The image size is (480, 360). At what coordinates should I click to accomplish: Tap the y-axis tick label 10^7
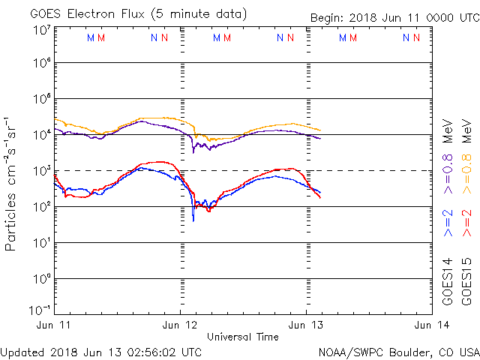point(41,30)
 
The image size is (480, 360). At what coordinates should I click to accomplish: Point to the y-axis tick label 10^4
point(41,135)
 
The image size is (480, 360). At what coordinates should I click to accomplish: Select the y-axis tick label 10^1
point(41,242)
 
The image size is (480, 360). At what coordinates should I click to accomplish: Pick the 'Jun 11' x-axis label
point(55,325)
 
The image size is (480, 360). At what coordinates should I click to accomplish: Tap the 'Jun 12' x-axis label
point(180,325)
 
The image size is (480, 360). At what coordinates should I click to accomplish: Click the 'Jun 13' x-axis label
point(306,325)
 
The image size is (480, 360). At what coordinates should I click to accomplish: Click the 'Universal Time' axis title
point(243,337)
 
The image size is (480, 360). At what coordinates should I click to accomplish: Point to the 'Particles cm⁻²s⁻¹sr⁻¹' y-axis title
point(13,183)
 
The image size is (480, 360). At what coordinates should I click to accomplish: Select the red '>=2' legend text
point(466,223)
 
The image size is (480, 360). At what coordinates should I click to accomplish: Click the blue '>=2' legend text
point(448,223)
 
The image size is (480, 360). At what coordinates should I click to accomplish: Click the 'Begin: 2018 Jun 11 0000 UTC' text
point(394,18)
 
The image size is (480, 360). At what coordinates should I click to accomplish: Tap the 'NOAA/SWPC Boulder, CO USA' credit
point(398,352)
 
